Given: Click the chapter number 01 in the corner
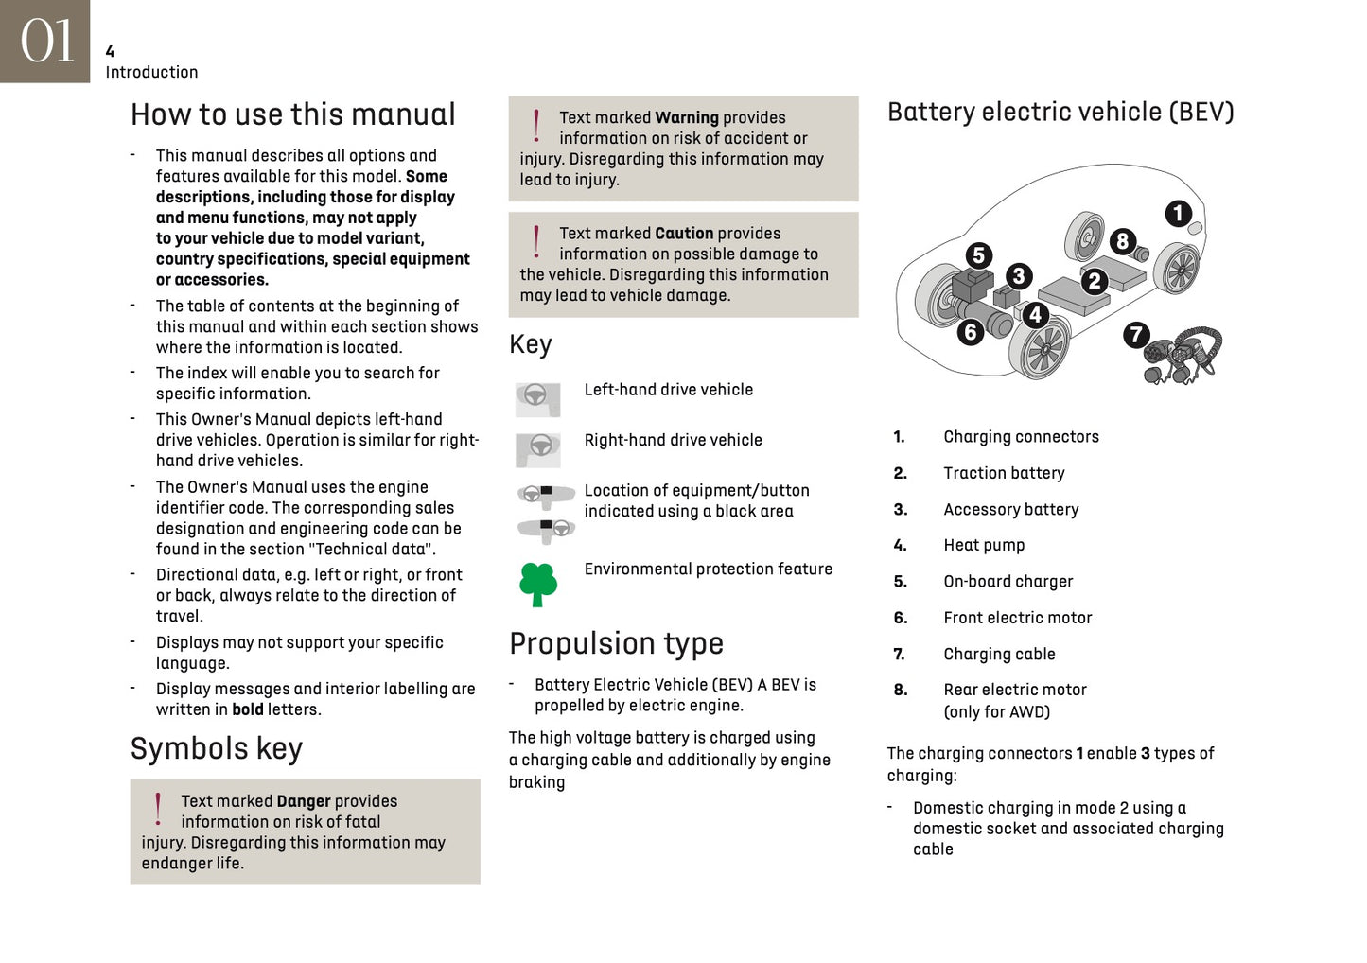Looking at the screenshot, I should (46, 42).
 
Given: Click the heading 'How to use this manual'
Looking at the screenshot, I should (292, 114).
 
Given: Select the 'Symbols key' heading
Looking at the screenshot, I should (216, 748).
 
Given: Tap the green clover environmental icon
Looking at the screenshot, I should (538, 584).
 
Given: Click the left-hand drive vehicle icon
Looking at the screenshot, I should (537, 398).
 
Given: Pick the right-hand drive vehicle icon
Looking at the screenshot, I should (537, 448).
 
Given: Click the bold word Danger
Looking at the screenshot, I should (303, 801).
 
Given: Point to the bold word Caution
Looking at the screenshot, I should (683, 234).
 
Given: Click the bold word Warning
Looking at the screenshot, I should (686, 118).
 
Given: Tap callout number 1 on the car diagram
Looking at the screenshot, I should (1178, 213).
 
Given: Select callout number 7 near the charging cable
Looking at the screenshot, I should (1136, 334).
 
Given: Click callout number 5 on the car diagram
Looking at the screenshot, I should (979, 254).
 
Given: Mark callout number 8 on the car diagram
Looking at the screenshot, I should (1122, 240).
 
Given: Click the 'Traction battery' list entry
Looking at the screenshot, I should (1004, 473).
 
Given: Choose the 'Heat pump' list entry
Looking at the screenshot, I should (984, 545).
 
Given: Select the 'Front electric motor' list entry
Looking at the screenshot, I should (1017, 618).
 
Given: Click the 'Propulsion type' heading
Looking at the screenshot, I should (616, 643).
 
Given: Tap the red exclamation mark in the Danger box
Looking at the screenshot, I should (158, 809).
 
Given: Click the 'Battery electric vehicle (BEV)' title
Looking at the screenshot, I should (1060, 113).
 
